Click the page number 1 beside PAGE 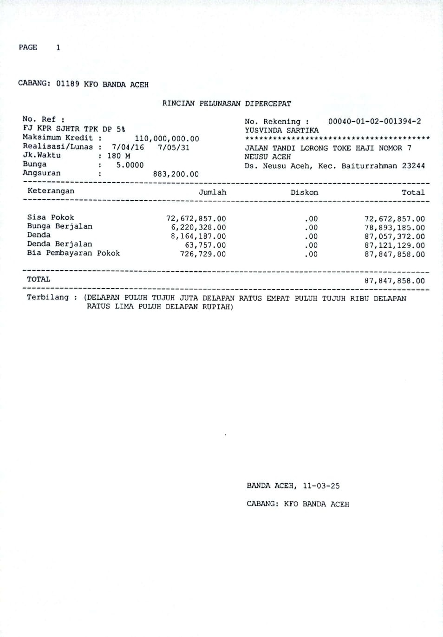pos(58,47)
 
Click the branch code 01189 pos(68,85)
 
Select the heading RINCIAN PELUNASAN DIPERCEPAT pos(227,104)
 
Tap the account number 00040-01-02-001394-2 pos(374,121)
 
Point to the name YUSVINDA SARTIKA pos(281,131)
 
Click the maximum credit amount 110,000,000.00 pos(167,138)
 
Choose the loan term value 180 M pos(118,156)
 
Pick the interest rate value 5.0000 pos(130,165)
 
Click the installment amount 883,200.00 pos(176,174)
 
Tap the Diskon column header pos(304,192)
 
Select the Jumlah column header pos(212,192)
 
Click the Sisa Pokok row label pos(50,217)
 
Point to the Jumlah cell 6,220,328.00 pos(198,228)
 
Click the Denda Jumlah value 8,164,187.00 pos(198,236)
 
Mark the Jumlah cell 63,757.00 pos(205,245)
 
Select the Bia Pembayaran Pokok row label pos(73,253)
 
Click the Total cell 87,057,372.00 pos(394,236)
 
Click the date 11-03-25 pos(321,486)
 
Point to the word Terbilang pos(47,297)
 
